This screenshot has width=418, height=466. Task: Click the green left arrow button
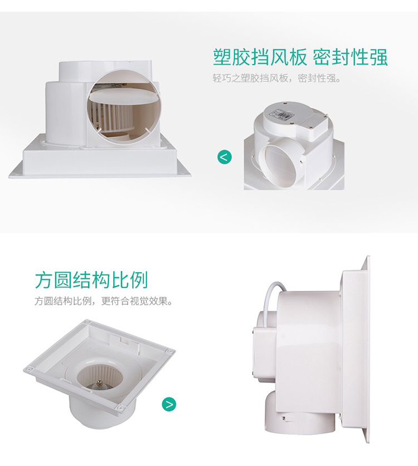click(x=225, y=157)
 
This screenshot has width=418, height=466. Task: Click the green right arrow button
click(x=169, y=404)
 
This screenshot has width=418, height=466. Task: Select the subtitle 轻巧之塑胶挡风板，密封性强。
click(x=276, y=78)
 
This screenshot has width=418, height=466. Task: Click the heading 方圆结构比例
click(x=91, y=280)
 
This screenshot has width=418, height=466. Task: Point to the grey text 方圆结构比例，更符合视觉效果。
click(x=104, y=301)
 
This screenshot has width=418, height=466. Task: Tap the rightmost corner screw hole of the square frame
click(x=171, y=352)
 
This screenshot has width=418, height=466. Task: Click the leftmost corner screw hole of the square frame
click(x=28, y=369)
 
